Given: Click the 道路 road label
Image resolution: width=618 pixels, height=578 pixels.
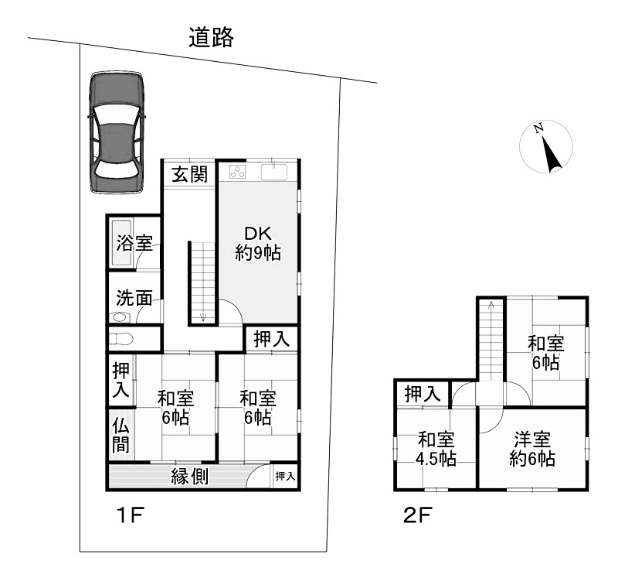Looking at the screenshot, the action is click(x=211, y=37).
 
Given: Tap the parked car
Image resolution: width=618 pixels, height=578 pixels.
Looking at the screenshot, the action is click(x=116, y=132).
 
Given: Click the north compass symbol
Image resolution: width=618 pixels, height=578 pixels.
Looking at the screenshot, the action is click(x=546, y=146).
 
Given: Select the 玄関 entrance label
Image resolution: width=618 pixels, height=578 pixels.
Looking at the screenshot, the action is click(x=190, y=174).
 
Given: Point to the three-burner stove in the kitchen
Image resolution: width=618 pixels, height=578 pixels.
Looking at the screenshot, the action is click(x=238, y=172).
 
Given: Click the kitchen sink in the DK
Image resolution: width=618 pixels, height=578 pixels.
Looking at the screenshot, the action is click(x=274, y=172).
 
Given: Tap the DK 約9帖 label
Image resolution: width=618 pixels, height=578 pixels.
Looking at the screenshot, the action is click(x=258, y=243).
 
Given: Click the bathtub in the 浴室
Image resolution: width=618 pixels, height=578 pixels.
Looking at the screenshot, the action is click(x=122, y=242).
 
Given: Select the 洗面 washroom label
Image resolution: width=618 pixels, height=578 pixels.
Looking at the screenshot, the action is click(x=134, y=298).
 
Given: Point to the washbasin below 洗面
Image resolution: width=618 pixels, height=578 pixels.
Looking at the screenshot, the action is click(x=120, y=316).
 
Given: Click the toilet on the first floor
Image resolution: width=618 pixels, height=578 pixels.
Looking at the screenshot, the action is click(x=121, y=338).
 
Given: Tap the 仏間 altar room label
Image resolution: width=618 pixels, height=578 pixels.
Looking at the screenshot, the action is click(x=121, y=436).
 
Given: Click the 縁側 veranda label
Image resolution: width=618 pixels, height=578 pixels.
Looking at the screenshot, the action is click(x=189, y=477).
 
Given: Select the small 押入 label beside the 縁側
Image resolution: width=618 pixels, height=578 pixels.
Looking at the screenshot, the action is click(x=285, y=476).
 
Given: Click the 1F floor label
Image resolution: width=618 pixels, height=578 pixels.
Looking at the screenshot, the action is click(x=131, y=515).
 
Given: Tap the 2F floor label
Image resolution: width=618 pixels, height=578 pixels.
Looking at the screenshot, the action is click(x=418, y=515).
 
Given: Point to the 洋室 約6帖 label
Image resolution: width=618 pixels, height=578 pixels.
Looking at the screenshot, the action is click(x=532, y=449).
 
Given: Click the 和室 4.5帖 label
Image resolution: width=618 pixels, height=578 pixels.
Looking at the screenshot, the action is click(x=436, y=449).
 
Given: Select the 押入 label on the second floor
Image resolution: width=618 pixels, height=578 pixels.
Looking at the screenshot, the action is click(x=422, y=394).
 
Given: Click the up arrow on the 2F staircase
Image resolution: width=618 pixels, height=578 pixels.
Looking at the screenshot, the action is click(x=491, y=306).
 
